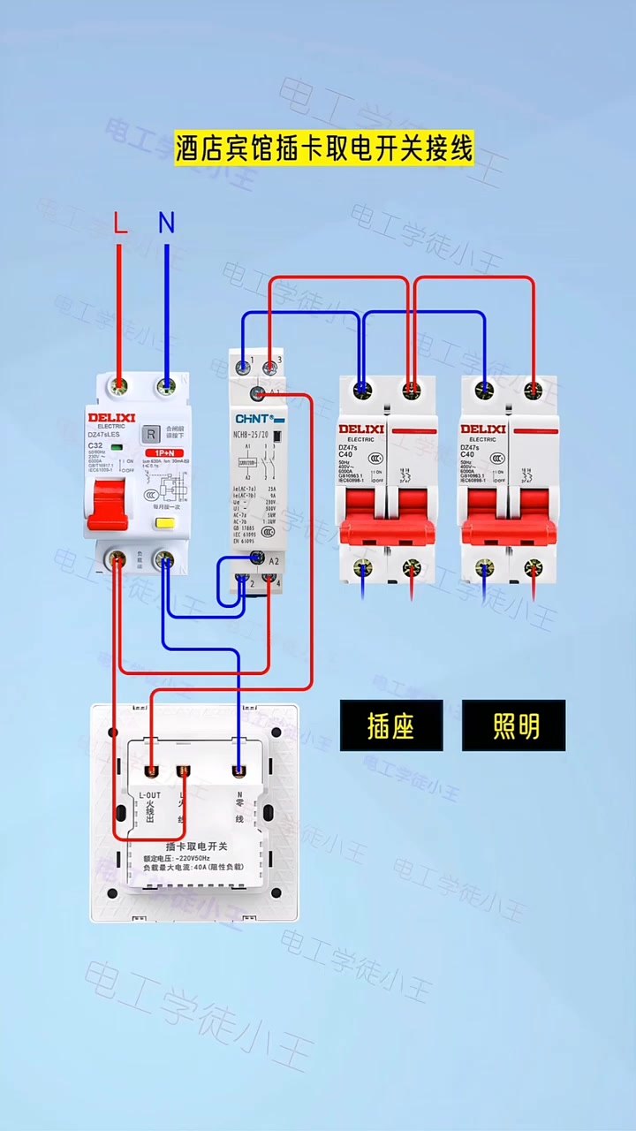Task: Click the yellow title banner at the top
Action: click(323, 148)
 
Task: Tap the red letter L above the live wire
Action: click(121, 224)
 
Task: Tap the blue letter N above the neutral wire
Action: click(166, 224)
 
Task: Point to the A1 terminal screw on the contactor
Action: click(258, 393)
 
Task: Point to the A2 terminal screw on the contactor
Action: click(258, 558)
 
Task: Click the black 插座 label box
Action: click(391, 725)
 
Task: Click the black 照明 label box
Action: click(513, 725)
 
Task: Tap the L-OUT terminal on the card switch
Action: click(152, 772)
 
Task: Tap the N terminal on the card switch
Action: click(238, 772)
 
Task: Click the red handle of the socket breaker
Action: click(387, 521)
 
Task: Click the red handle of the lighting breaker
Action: click(509, 521)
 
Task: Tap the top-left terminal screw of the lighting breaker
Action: click(484, 388)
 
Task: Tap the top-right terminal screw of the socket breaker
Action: click(411, 388)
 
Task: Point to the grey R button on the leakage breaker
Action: click(151, 434)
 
